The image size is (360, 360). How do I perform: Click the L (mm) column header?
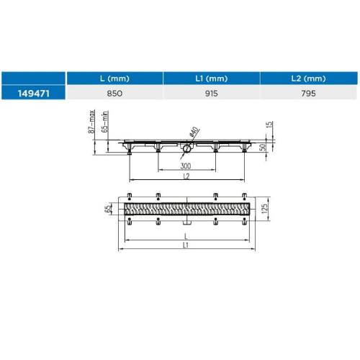coord(114,78)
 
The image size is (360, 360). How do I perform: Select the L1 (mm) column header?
coord(212,78)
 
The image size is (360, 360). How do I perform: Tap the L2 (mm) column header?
coord(308,78)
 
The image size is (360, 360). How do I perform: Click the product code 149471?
coord(34,94)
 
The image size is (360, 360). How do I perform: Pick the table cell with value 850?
coord(114,94)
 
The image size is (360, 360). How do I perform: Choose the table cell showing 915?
coord(212,94)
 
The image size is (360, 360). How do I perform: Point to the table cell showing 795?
coord(308,94)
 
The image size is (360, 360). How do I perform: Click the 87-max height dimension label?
coord(91,122)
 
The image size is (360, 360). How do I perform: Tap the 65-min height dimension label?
coord(105,122)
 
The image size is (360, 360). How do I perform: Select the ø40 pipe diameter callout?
coord(194,132)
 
